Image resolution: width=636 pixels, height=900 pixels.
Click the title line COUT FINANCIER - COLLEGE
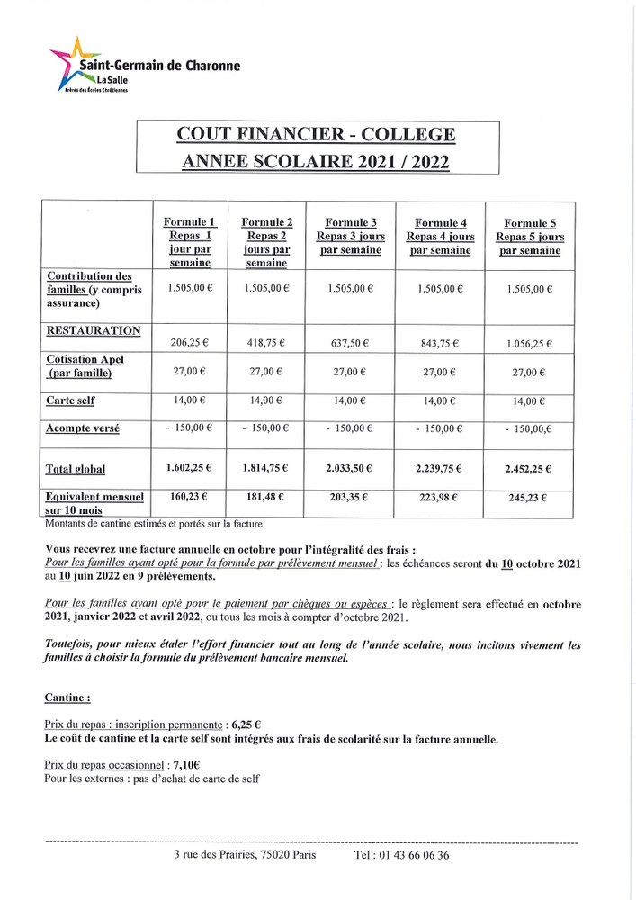tap(317, 135)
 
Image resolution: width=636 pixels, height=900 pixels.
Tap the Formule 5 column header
tap(529, 236)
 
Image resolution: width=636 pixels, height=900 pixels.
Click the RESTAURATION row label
tap(94, 330)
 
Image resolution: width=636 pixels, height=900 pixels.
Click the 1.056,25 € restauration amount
tap(529, 343)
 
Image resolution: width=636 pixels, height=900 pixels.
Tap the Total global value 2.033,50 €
tap(350, 468)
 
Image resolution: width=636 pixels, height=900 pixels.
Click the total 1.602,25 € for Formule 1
tap(188, 468)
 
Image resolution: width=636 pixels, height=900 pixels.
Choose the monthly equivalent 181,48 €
tap(267, 496)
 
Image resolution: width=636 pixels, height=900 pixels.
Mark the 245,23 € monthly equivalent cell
tap(529, 497)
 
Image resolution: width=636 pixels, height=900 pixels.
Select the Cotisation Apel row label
tap(85, 365)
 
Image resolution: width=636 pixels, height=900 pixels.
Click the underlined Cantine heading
tap(67, 697)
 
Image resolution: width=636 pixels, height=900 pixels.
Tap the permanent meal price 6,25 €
tap(245, 724)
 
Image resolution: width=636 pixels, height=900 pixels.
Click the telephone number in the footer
tap(402, 855)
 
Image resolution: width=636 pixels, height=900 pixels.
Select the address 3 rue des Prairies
tap(245, 855)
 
